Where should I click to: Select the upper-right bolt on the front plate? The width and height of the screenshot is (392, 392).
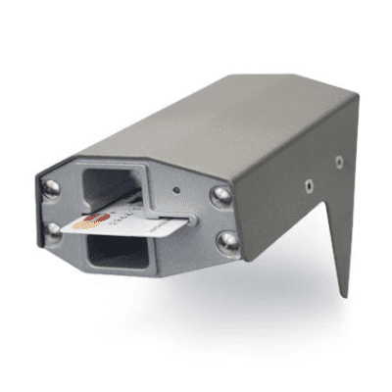tap(221, 194)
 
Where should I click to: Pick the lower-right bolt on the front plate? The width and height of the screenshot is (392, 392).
tap(227, 240)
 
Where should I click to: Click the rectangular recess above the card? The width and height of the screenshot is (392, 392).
tap(114, 184)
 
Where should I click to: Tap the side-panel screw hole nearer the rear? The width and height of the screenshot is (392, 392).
tap(339, 162)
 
